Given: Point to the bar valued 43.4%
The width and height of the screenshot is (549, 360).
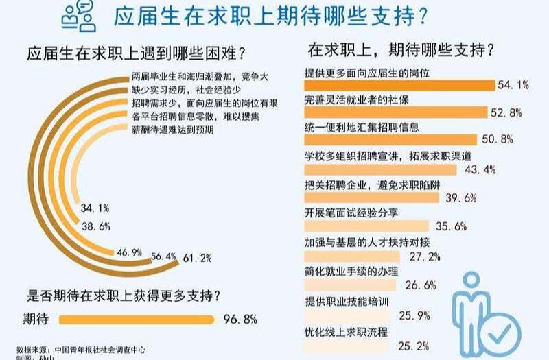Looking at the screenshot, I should [384, 169].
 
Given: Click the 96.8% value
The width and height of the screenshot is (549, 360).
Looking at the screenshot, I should [240, 319].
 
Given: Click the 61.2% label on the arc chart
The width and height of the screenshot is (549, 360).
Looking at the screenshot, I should [196, 259].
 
